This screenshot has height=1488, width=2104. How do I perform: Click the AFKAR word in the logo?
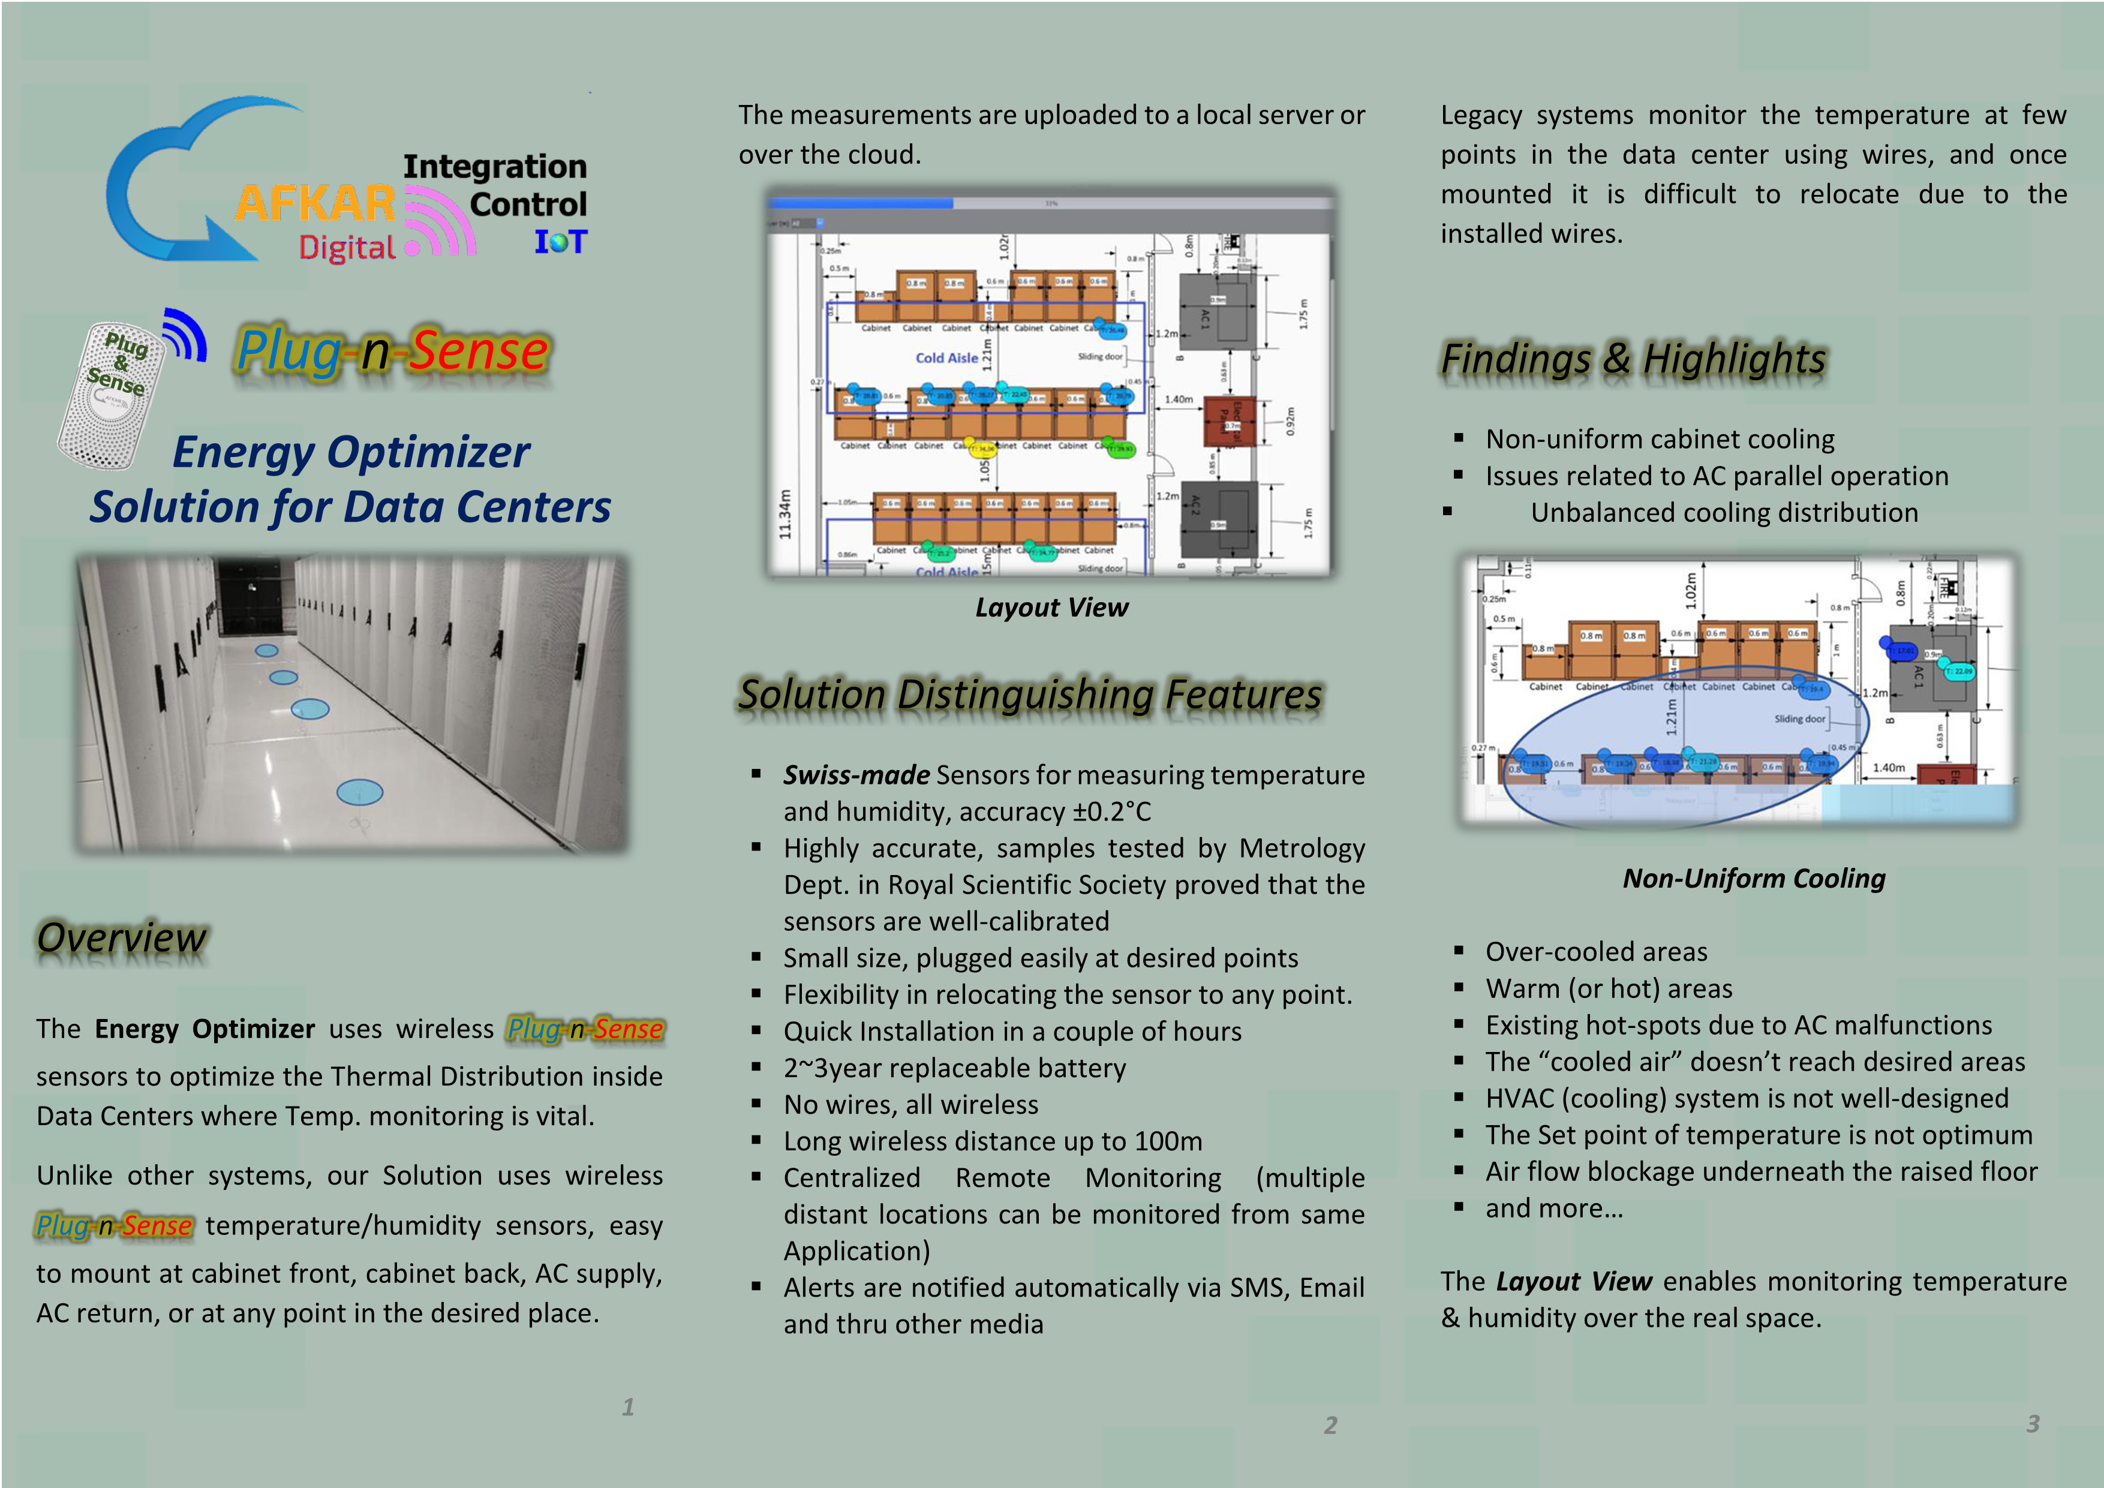(314, 203)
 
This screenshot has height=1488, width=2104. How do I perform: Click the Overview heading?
(122, 937)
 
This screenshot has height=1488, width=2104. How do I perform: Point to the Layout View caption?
(1051, 608)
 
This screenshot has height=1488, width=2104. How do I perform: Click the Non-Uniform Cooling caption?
(1754, 879)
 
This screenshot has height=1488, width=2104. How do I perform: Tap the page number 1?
(628, 1406)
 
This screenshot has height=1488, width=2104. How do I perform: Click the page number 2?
(1330, 1425)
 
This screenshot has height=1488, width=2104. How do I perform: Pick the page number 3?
(2033, 1424)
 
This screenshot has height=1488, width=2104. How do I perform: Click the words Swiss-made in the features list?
(856, 775)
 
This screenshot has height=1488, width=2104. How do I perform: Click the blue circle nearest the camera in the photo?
(359, 792)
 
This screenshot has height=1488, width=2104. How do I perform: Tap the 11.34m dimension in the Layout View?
(785, 514)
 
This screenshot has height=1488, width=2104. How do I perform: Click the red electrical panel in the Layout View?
(1228, 422)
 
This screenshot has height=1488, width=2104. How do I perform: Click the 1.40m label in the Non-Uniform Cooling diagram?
(1889, 768)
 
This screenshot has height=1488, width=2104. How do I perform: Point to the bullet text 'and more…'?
(1554, 1209)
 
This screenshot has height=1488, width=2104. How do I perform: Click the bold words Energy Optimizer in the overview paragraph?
(205, 1029)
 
